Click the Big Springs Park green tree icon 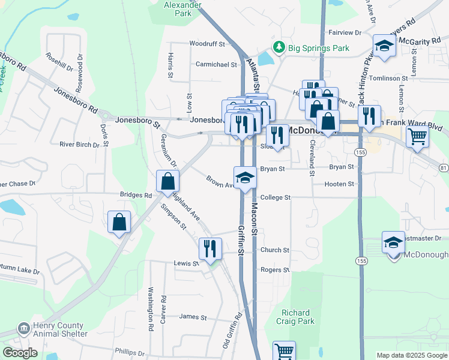tap(279, 47)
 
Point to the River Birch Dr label tap(79, 145)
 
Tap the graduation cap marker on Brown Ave tap(245, 178)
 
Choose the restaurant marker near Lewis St tap(210, 248)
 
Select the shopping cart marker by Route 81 tap(417, 136)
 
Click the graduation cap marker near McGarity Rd tap(384, 46)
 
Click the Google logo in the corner tap(20, 353)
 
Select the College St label tap(275, 197)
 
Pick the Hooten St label tap(339, 184)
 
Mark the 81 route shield tap(442, 166)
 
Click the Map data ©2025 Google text tap(412, 355)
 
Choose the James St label tap(193, 317)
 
